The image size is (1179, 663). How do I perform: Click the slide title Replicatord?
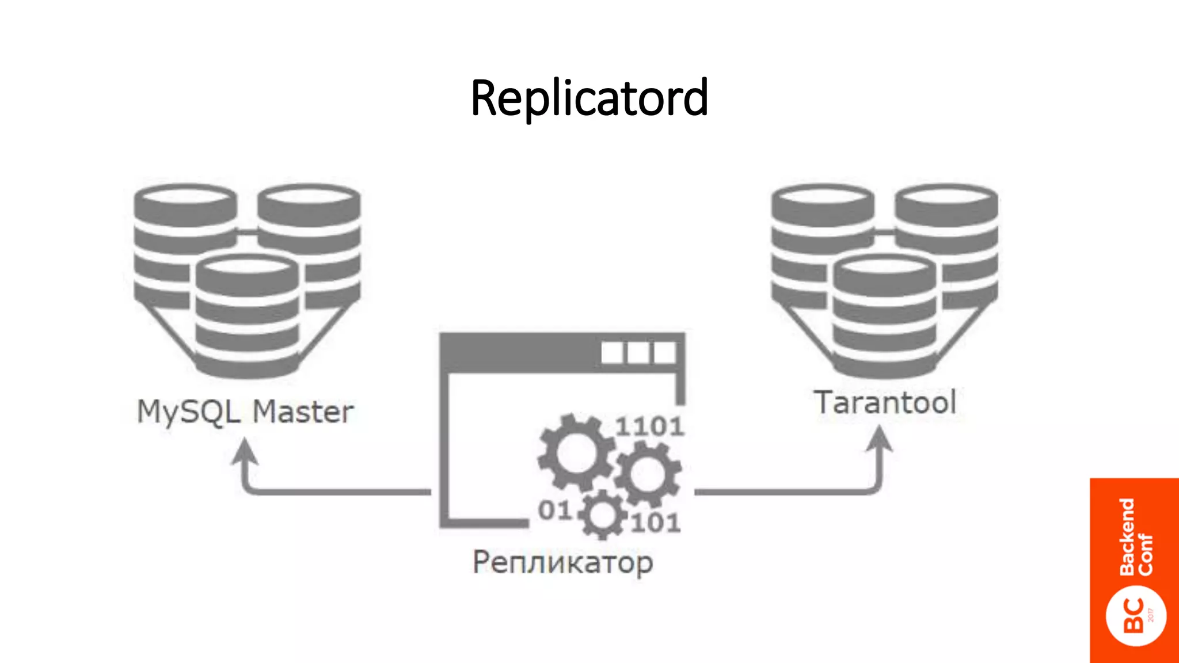coord(589,98)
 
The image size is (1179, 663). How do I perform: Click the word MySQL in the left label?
coord(188,412)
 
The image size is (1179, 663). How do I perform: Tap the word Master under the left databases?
coord(303,412)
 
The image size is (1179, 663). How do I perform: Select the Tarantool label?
coord(885,402)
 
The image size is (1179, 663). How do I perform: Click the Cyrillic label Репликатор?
coord(562,562)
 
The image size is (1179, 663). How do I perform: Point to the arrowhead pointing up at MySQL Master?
coord(245,451)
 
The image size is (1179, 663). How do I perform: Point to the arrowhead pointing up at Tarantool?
coord(880,440)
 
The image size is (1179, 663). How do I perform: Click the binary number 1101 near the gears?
coord(649,426)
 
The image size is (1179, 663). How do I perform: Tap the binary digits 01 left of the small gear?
coord(554,510)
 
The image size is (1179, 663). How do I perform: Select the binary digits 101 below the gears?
coord(656,523)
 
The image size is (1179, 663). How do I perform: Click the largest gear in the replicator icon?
coord(576,452)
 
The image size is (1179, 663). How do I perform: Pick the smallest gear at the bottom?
coord(602,515)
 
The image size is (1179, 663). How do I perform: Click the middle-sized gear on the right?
coord(648,474)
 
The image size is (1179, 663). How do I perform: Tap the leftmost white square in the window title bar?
coord(612,352)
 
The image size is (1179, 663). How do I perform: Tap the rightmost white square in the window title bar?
coord(665,352)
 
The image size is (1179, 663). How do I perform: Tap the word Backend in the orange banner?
coord(1127,536)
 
